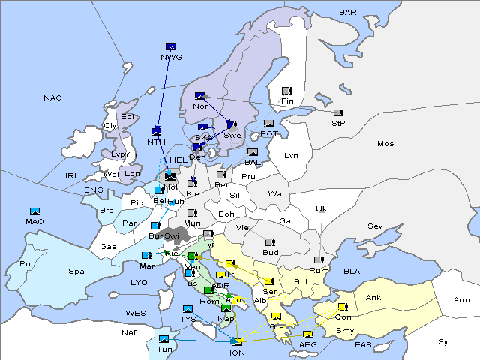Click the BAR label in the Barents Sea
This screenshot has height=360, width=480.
[x=348, y=13]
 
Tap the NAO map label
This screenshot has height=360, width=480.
[x=52, y=98]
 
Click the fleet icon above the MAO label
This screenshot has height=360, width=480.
[x=35, y=211]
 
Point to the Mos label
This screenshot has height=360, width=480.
[x=385, y=143]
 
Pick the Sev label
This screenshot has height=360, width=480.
[x=375, y=226]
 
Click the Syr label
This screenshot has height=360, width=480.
[x=445, y=341]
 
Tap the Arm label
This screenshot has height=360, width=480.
[x=462, y=300]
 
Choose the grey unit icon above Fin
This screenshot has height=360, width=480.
[x=286, y=90]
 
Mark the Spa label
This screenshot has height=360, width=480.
[x=76, y=271]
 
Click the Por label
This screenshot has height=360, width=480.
[x=27, y=264]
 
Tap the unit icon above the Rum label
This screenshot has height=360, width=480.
[x=319, y=260]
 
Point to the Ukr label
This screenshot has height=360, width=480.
[x=322, y=209]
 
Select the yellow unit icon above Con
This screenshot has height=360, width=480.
[x=343, y=307]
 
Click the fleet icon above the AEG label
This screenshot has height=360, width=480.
[x=307, y=334]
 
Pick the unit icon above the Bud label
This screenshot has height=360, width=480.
[x=270, y=242]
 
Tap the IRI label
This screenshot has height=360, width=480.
[x=71, y=175]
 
